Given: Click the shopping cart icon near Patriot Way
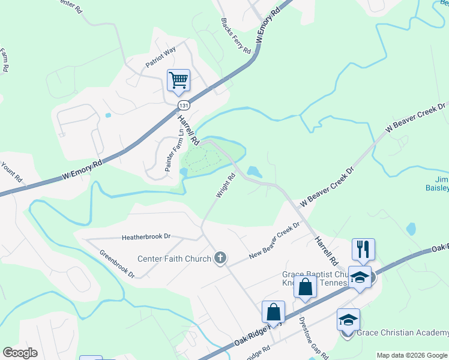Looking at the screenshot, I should point(178,80).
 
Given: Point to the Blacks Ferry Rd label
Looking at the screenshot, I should point(235,36).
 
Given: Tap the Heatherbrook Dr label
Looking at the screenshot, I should point(146,237).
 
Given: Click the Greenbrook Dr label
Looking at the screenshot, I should point(117,263).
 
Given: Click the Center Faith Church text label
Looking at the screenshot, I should point(175,259).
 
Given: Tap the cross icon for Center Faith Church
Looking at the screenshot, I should point(220,258).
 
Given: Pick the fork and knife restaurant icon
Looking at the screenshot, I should point(363,249).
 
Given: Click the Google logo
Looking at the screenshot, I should point(20,353).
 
